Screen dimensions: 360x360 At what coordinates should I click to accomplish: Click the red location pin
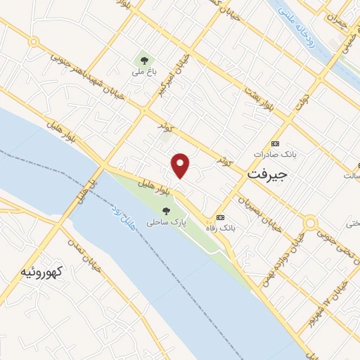click(x=181, y=165)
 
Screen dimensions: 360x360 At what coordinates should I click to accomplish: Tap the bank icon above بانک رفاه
click(x=221, y=217)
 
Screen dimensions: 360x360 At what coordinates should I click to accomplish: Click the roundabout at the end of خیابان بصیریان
click(x=309, y=224)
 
